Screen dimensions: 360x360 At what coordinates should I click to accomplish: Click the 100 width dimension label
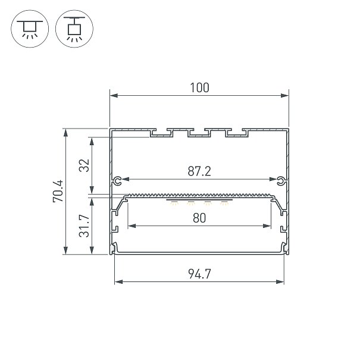(199, 87)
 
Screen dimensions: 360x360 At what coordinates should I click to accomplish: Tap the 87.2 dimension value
(199, 171)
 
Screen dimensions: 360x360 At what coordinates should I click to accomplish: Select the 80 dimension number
(199, 218)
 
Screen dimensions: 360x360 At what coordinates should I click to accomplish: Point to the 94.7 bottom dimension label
(199, 274)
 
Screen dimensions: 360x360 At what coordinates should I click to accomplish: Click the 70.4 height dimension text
(58, 191)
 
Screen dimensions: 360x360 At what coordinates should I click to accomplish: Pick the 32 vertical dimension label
(84, 165)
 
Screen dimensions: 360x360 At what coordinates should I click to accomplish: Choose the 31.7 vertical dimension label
(84, 226)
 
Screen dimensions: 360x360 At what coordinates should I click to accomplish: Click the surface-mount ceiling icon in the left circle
(30, 29)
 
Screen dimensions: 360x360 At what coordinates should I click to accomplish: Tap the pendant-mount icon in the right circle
(74, 29)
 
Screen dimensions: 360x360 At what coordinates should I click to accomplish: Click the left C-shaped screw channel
(118, 181)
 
